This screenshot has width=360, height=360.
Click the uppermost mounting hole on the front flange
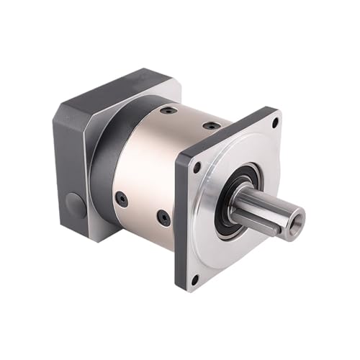point(274,125)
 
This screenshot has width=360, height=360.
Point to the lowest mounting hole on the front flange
point(194,279)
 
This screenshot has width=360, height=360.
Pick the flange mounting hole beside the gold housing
point(197,167)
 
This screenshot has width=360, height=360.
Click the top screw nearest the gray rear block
point(168,112)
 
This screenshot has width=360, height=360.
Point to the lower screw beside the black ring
point(122,199)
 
